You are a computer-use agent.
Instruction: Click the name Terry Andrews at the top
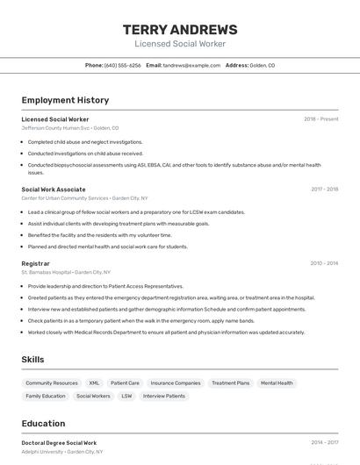tap(180, 29)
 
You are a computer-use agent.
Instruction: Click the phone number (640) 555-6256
tap(122, 65)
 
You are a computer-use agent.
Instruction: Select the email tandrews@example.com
tap(191, 65)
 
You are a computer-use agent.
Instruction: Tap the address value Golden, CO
tap(262, 65)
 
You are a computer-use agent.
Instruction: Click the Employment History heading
tap(65, 100)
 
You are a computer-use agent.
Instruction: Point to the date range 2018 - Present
tap(320, 119)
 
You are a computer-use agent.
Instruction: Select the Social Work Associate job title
tap(54, 190)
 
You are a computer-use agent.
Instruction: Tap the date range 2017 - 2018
tap(324, 190)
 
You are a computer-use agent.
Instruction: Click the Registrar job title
tap(35, 263)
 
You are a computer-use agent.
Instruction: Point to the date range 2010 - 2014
tap(324, 263)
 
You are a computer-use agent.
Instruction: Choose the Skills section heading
tap(32, 360)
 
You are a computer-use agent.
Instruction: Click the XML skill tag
tap(94, 383)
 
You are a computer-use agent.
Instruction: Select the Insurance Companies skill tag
tap(175, 383)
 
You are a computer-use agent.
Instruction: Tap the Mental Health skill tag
tap(277, 383)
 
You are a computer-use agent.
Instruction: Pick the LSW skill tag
tap(126, 397)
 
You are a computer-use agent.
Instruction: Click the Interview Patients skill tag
tap(164, 397)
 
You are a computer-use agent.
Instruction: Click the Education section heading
tap(43, 423)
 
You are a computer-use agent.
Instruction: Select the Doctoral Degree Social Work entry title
tap(59, 443)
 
